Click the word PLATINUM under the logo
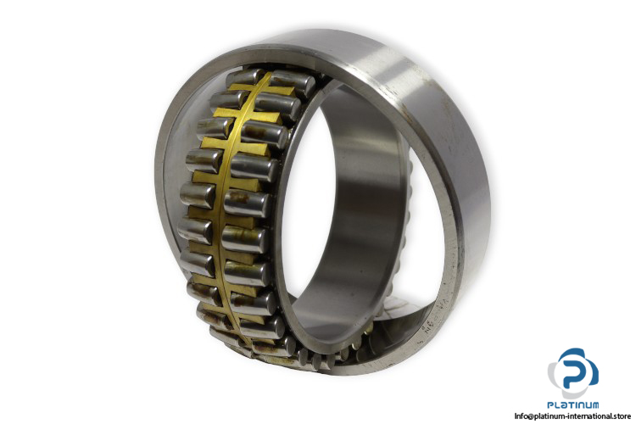click(x=573, y=405)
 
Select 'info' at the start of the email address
click(x=522, y=416)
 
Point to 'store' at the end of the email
click(x=622, y=416)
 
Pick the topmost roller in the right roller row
click(x=292, y=84)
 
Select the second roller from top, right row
click(x=278, y=105)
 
